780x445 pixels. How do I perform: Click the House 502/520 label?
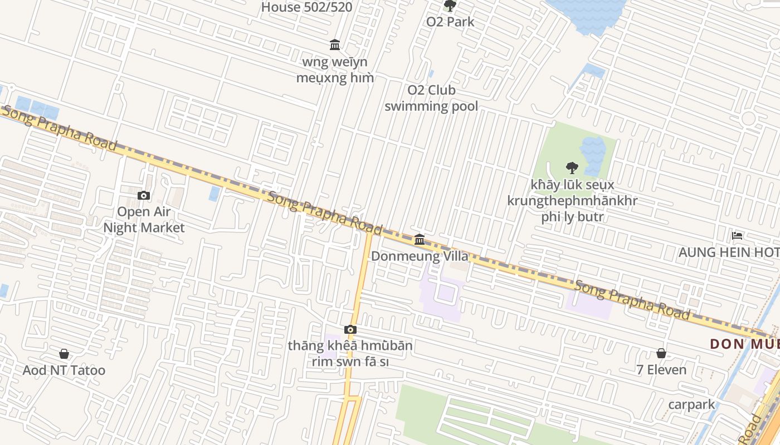click(x=306, y=7)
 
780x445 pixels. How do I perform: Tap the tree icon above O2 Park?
click(x=450, y=6)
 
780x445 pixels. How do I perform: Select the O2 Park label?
click(x=450, y=22)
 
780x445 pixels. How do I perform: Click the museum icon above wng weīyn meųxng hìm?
click(x=335, y=44)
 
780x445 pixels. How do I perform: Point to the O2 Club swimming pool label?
click(x=431, y=98)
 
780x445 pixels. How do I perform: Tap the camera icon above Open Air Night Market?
click(x=144, y=195)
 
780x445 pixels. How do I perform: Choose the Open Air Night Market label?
click(x=144, y=220)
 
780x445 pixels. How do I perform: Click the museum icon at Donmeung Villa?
click(x=420, y=240)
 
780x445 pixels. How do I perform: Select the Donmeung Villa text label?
click(x=420, y=256)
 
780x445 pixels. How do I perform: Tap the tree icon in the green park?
click(x=572, y=167)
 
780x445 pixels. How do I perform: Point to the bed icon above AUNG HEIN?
click(x=737, y=236)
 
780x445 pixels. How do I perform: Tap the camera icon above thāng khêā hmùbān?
click(x=350, y=330)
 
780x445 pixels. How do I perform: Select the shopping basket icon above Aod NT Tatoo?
click(x=64, y=354)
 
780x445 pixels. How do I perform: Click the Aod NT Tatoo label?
click(x=64, y=370)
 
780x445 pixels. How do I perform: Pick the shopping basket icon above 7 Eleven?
click(x=661, y=353)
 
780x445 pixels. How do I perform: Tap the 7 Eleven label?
click(x=661, y=369)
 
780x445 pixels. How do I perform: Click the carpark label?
click(x=691, y=404)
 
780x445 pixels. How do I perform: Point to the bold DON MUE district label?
click(x=744, y=344)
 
